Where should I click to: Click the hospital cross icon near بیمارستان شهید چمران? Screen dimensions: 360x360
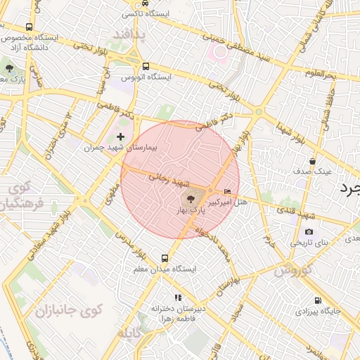(120, 136)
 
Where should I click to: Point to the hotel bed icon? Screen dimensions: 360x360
(226, 191)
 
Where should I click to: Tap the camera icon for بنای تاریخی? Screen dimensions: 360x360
(309, 232)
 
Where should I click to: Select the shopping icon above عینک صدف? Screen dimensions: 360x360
(311, 161)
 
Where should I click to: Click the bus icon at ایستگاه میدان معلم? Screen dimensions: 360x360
(165, 258)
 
